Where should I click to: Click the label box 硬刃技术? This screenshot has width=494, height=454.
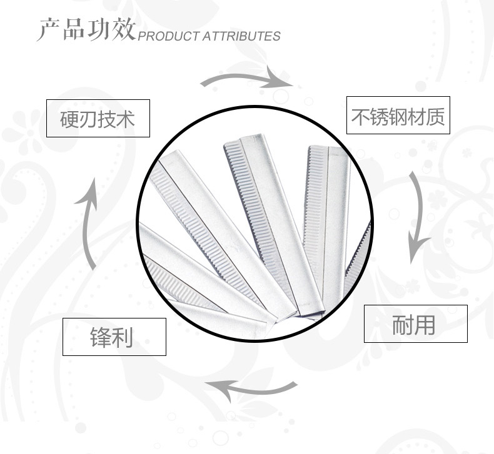pos(98,118)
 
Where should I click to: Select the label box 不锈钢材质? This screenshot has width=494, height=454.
pos(398,115)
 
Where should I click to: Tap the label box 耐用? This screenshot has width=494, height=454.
pos(416,323)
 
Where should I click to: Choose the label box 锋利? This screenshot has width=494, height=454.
pos(114,337)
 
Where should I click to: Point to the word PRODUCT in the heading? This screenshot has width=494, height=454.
pos(169,36)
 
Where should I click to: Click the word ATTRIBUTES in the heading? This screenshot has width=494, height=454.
pos(241,36)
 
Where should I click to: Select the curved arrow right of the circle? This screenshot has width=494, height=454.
pos(420,217)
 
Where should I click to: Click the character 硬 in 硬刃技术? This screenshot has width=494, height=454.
pos(69,119)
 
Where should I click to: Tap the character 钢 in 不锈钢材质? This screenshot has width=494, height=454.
pos(398,116)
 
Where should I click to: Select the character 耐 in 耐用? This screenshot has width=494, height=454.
pos(403,324)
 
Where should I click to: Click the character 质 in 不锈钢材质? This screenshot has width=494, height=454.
pos(435,116)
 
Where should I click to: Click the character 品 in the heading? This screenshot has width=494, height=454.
pos(74,29)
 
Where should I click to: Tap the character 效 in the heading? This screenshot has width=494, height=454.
pos(124,29)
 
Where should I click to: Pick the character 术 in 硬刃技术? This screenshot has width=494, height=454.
pos(126,119)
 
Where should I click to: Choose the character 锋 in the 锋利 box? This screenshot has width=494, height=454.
pos(101,337)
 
